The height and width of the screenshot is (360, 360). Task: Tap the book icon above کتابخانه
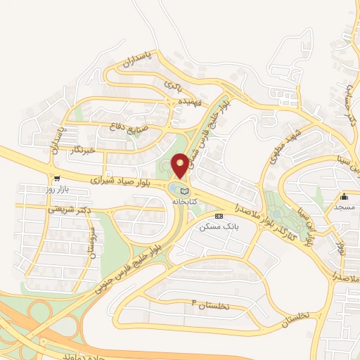(x=185, y=191)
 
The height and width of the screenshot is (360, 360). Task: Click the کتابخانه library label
(x=185, y=201)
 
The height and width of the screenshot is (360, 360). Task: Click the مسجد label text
(x=345, y=207)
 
